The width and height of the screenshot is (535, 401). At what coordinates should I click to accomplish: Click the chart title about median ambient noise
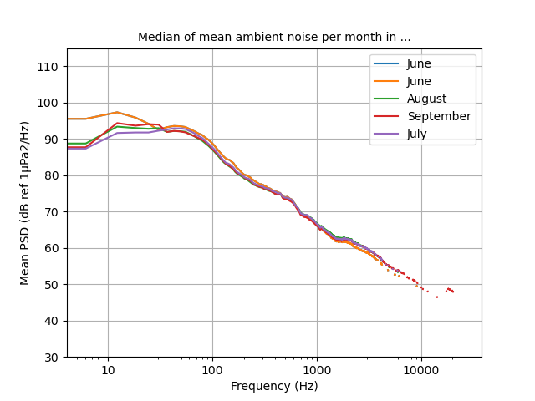point(274,38)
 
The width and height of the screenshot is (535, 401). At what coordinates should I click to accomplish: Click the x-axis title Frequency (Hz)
point(274,386)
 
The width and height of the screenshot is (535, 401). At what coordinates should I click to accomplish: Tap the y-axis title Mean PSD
point(26,203)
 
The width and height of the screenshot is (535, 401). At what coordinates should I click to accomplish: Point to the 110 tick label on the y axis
point(50,67)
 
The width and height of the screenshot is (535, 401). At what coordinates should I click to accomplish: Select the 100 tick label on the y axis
point(50,103)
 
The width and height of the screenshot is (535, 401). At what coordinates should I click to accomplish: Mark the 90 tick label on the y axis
point(53,140)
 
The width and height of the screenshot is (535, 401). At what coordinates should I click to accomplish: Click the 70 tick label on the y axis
point(53,212)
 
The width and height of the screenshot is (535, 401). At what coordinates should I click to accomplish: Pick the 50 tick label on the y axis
point(53,285)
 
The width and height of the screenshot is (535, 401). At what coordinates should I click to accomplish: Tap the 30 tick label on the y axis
point(53,358)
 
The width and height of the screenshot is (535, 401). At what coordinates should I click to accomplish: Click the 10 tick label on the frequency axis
point(108,370)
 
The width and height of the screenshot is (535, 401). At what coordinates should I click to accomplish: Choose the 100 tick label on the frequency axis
point(212,370)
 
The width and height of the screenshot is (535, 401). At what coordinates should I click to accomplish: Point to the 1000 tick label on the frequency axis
point(317,370)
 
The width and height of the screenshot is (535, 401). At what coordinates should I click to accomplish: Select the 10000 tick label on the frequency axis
point(421,370)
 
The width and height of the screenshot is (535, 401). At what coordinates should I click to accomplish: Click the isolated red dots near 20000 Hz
point(450,290)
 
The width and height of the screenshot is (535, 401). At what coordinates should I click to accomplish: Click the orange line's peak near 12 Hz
point(117,112)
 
